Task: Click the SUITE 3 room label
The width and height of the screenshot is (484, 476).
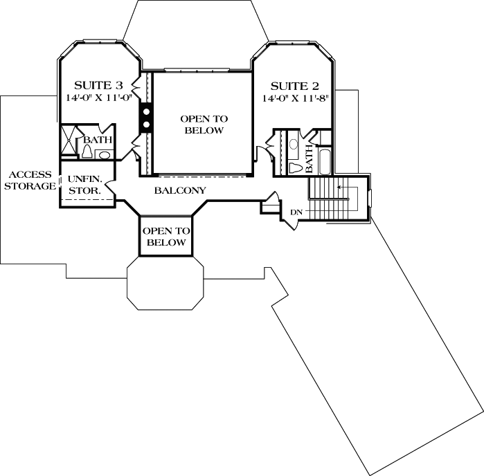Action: pyautogui.click(x=98, y=85)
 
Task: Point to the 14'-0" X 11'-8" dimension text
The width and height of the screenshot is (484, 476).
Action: pyautogui.click(x=295, y=99)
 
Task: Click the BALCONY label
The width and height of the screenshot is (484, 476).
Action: pyautogui.click(x=180, y=190)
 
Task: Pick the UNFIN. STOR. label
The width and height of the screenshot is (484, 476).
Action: pyautogui.click(x=84, y=183)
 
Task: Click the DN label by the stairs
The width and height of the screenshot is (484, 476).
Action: pyautogui.click(x=296, y=212)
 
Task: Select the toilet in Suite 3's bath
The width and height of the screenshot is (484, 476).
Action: pyautogui.click(x=88, y=150)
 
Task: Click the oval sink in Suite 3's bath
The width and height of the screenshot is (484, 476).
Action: pyautogui.click(x=104, y=154)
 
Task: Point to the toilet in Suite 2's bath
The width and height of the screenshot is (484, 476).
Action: pyautogui.click(x=295, y=166)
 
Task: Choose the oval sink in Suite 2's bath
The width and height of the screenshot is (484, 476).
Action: pyautogui.click(x=294, y=145)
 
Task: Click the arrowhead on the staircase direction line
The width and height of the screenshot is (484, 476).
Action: pyautogui.click(x=339, y=187)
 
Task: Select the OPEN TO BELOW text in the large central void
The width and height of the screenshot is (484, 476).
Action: pyautogui.click(x=203, y=125)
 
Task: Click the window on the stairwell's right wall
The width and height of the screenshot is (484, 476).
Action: pyautogui.click(x=370, y=198)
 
